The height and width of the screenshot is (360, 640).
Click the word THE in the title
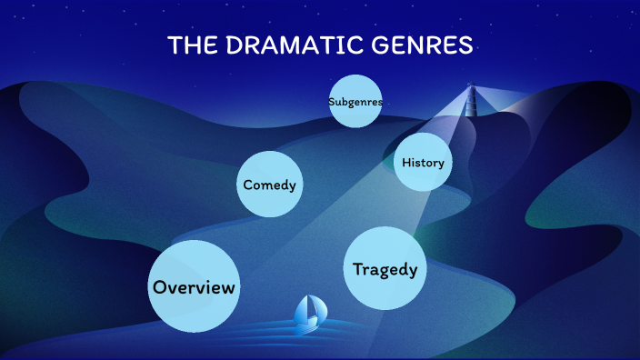pos(191,46)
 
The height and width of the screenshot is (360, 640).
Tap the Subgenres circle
pos(355,102)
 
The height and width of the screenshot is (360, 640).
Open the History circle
pos(423,163)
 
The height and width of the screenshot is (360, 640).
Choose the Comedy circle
pos(269,185)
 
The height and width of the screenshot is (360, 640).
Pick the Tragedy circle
pos(385,268)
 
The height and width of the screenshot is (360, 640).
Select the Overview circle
pos(194,286)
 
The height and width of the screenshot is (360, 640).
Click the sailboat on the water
pos(309,313)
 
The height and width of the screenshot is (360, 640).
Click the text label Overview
pos(194,287)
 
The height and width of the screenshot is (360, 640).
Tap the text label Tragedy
pos(385,269)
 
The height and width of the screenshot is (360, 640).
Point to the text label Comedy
pos(269,185)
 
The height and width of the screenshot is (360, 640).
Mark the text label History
pos(423,163)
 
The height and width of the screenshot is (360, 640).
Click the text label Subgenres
pos(355,102)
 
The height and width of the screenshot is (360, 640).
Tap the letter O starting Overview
pos(160,287)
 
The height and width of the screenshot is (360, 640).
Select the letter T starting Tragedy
pos(358,268)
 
